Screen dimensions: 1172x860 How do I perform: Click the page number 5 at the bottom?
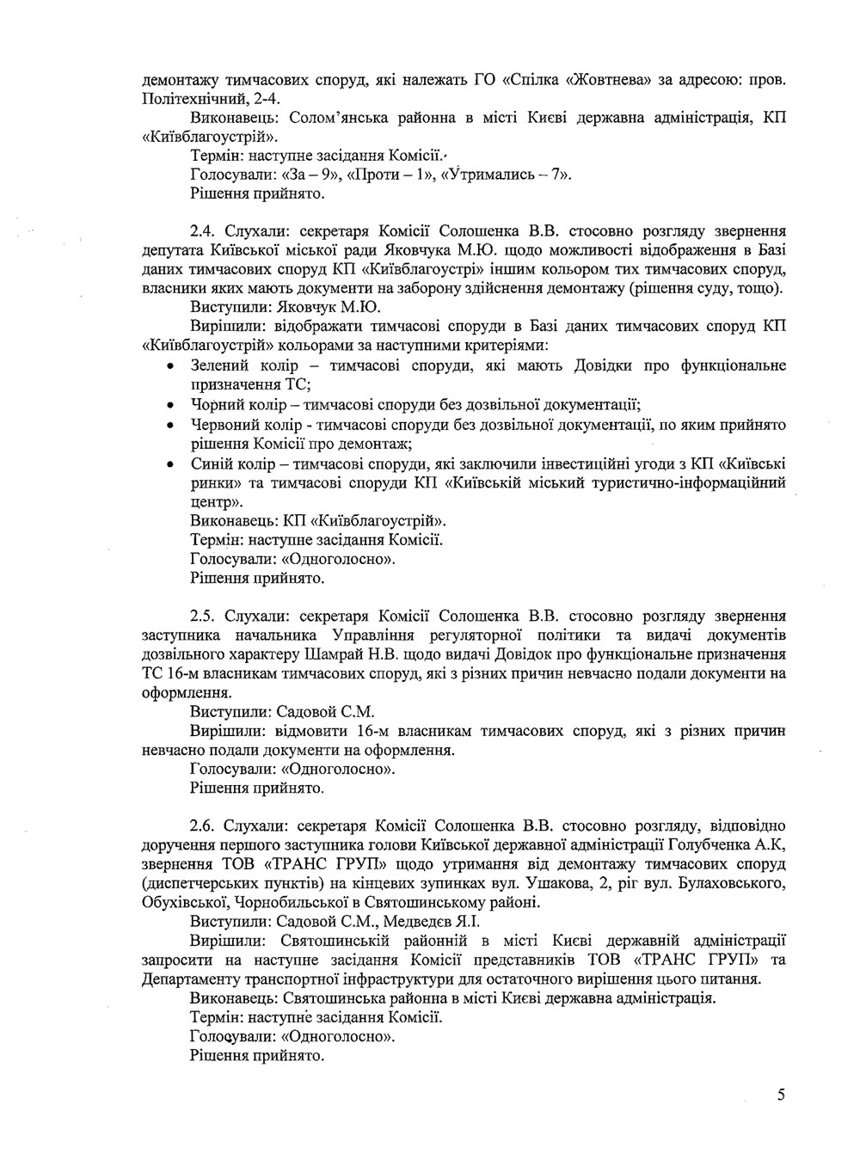click(780, 1095)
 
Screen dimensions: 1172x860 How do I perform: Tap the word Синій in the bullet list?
click(210, 464)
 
